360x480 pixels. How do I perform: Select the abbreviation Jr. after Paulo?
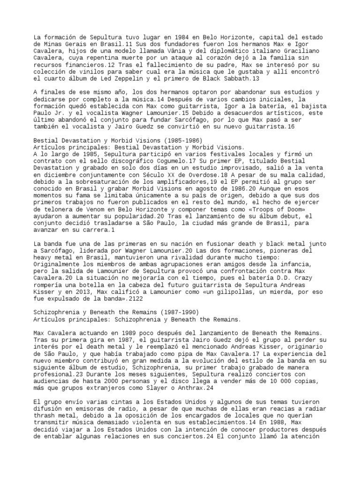[x=60, y=120]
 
